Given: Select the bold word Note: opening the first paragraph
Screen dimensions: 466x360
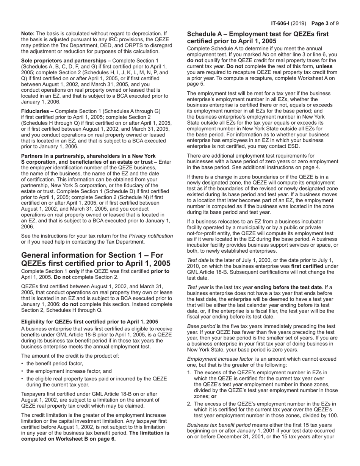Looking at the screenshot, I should pos(28,34).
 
